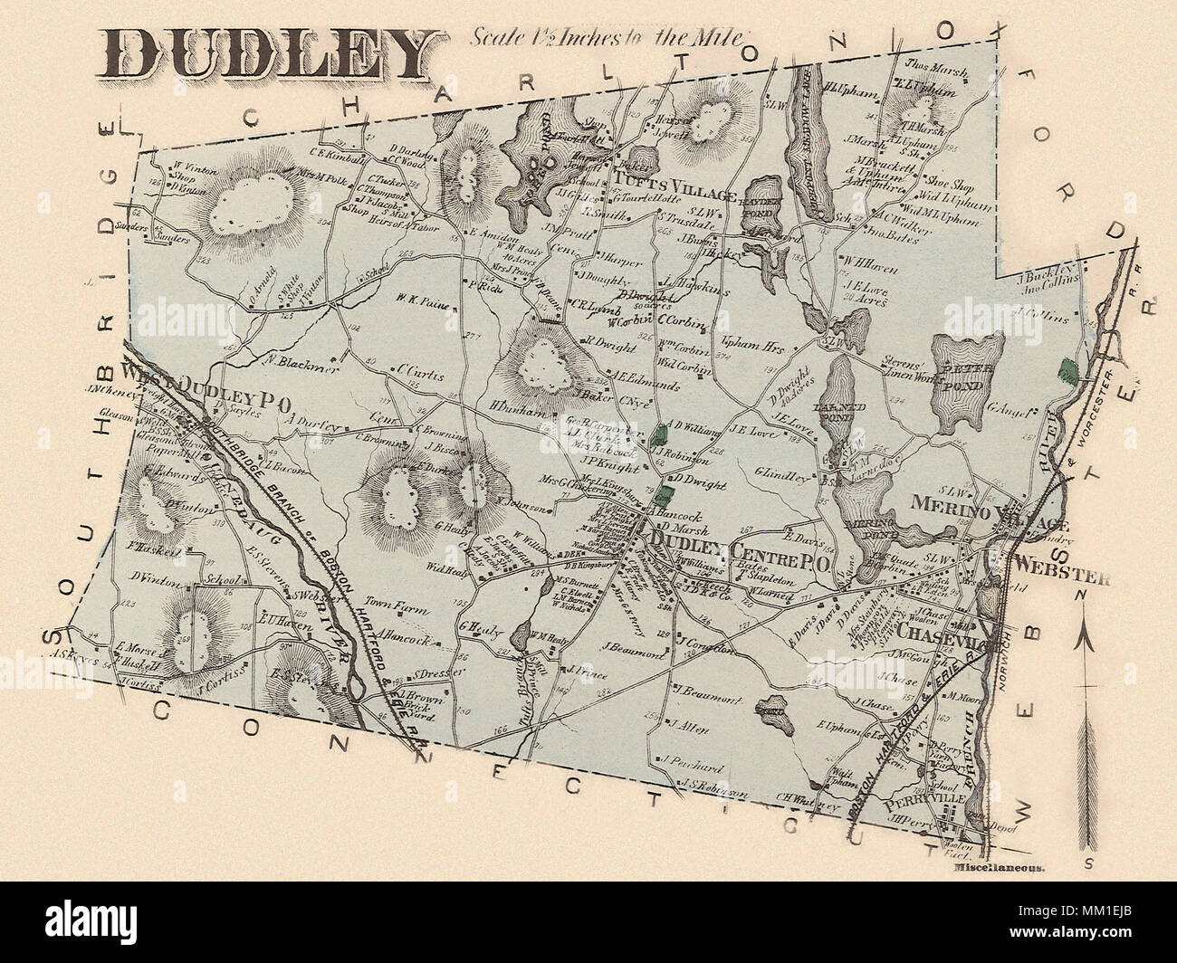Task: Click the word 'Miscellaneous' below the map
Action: point(1000,866)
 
